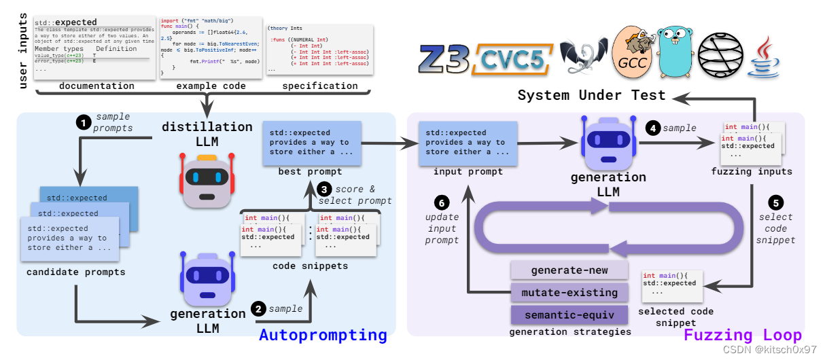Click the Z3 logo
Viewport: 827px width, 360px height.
click(446, 58)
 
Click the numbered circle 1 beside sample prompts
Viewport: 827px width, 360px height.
click(84, 123)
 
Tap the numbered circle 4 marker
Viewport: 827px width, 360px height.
click(654, 128)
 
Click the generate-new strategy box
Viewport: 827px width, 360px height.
click(569, 270)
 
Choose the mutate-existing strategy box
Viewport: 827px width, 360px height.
click(569, 293)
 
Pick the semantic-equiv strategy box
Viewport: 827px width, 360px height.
click(569, 316)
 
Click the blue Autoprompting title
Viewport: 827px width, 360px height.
click(323, 335)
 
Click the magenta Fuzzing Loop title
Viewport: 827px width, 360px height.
click(742, 335)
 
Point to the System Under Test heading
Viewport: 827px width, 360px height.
click(591, 96)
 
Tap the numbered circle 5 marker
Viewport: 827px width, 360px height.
click(775, 202)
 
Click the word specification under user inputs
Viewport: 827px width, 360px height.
click(320, 86)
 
